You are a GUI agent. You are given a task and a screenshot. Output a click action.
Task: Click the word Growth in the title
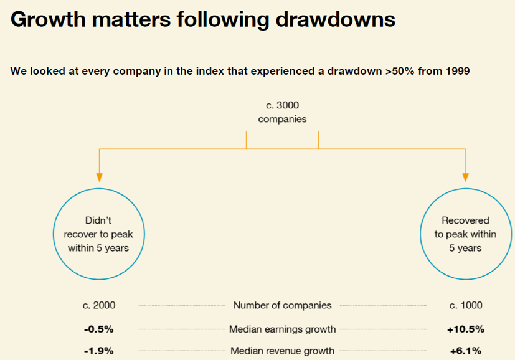click(x=47, y=20)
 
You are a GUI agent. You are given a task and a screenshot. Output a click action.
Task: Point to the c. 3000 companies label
click(x=282, y=112)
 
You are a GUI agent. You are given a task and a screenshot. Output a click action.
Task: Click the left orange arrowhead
click(x=98, y=177)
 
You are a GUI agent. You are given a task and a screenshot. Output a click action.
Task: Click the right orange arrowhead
click(x=465, y=177)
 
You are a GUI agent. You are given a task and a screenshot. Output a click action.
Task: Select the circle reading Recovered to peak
click(x=465, y=234)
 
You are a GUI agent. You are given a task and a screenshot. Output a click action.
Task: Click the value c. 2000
click(x=98, y=305)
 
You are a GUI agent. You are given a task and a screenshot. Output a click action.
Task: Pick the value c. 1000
click(x=466, y=305)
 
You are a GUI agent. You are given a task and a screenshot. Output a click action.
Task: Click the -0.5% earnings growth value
click(x=98, y=329)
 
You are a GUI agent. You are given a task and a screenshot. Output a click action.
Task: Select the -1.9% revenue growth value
click(x=98, y=351)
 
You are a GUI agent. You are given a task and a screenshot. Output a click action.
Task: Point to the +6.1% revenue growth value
click(x=466, y=351)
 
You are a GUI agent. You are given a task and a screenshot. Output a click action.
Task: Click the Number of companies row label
click(x=282, y=305)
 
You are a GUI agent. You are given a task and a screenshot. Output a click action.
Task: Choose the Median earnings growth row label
click(x=282, y=329)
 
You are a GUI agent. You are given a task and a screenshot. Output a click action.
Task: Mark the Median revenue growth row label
click(x=282, y=351)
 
